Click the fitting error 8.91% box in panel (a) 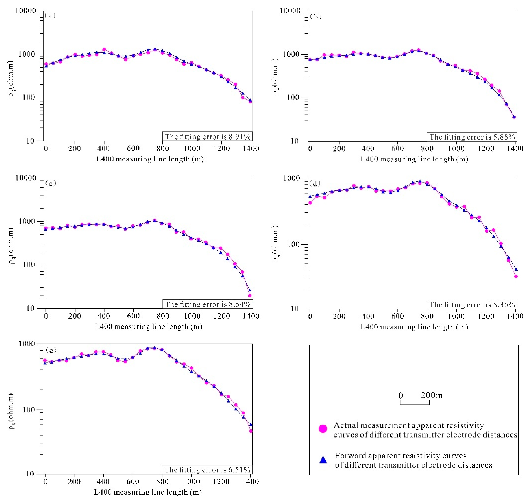pos(207,137)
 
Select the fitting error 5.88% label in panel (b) pos(472,137)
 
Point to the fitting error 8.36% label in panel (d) pos(472,304)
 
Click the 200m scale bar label pos(431,395)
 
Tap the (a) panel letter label pos(50,16)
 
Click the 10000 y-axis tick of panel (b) pos(290,11)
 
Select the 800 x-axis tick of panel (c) pos(163,316)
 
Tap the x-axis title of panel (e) pos(148,492)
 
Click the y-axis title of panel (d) pos(275,243)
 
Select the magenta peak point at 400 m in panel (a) pos(104,49)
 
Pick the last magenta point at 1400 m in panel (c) pos(250,295)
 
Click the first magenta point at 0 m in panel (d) pos(310,203)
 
